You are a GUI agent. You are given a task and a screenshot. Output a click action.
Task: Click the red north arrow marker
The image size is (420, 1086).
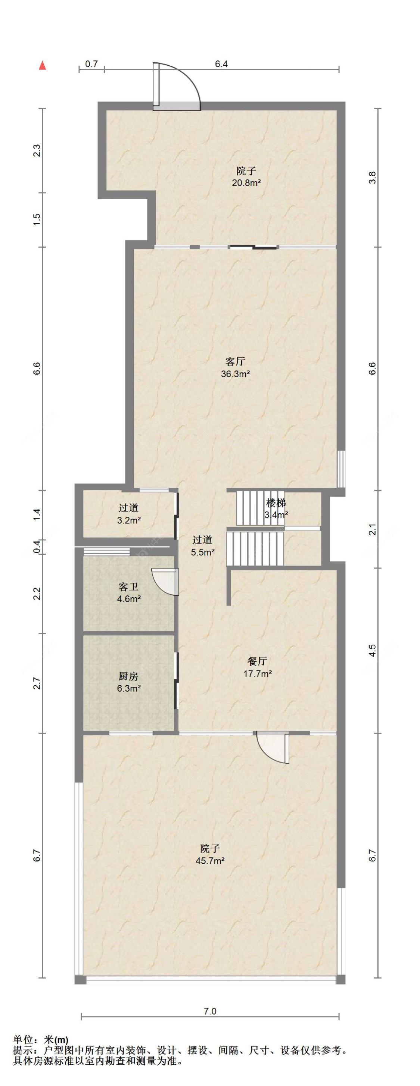click(42, 65)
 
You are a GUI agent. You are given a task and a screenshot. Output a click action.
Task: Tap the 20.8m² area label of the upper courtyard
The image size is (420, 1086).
click(246, 183)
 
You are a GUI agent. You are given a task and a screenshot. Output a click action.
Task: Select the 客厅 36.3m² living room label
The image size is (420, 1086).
click(235, 367)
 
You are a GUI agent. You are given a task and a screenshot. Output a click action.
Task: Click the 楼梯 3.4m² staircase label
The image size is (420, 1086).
click(276, 508)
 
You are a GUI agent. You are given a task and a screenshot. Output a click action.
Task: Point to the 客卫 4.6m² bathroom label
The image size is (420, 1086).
click(129, 592)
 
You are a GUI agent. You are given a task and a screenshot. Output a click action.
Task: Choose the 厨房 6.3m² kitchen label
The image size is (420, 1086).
click(129, 682)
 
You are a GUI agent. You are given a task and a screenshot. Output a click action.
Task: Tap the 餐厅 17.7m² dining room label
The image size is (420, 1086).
click(257, 667)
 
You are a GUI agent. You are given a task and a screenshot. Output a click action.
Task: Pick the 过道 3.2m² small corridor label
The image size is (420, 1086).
click(129, 514)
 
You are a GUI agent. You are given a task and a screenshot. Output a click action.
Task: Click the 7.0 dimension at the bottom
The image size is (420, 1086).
click(209, 1011)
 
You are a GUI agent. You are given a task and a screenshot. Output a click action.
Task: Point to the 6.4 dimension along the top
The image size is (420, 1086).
click(221, 64)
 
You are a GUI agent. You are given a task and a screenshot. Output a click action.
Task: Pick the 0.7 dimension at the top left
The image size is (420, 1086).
click(91, 64)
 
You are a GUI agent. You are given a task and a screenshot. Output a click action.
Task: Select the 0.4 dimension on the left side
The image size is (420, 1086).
click(37, 547)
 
